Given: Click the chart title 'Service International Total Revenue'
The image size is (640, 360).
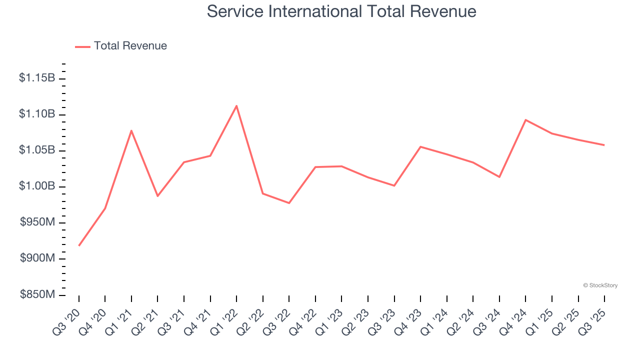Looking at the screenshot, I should point(341,11).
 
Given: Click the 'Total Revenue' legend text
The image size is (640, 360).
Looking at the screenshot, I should point(130,46).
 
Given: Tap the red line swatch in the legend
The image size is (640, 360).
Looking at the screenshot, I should point(82,46).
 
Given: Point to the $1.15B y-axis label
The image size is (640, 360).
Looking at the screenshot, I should point(37,78).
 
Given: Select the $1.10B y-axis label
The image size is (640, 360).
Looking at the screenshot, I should point(37,114).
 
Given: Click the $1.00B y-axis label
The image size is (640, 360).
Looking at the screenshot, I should point(37,186).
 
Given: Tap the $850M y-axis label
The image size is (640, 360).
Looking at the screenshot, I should point(37,295).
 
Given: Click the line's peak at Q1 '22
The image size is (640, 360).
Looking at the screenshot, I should point(236,105).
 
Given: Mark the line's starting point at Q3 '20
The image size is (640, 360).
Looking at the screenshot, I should point(79,245).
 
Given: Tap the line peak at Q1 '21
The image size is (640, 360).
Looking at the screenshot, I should point(131,130).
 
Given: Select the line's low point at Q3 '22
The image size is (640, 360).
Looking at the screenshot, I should point(289,203).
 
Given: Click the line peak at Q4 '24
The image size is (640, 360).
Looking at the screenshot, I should point(525,120).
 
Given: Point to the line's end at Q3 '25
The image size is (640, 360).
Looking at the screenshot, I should point(604,145).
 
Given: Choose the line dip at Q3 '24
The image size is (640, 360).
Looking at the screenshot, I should point(499,177).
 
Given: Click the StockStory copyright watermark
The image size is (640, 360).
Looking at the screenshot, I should point(600,285).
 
